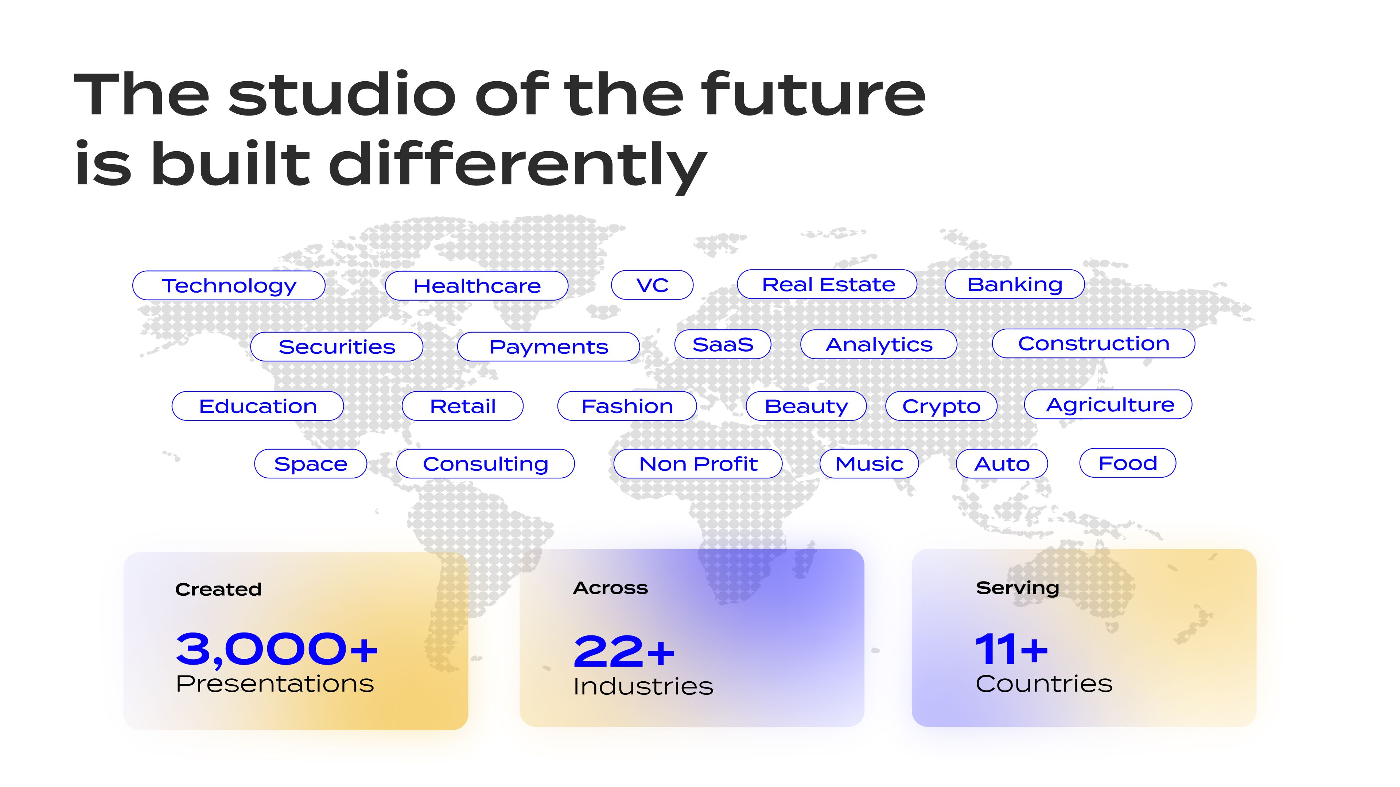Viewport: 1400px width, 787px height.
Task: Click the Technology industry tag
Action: pos(229,285)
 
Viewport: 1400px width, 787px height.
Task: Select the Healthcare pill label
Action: pos(477,286)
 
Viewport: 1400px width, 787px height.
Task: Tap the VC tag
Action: pos(652,285)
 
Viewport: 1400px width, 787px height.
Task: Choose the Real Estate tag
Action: pos(827,284)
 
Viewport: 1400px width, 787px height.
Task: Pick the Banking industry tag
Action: pos(1015,284)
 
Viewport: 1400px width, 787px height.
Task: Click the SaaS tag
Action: pos(723,344)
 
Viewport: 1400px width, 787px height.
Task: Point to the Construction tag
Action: pos(1093,343)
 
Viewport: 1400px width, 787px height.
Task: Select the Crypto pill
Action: pos(941,406)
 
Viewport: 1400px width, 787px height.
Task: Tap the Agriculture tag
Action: pos(1108,405)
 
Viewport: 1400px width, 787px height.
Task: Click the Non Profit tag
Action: pos(698,464)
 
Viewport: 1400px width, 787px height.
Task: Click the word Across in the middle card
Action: pos(610,588)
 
